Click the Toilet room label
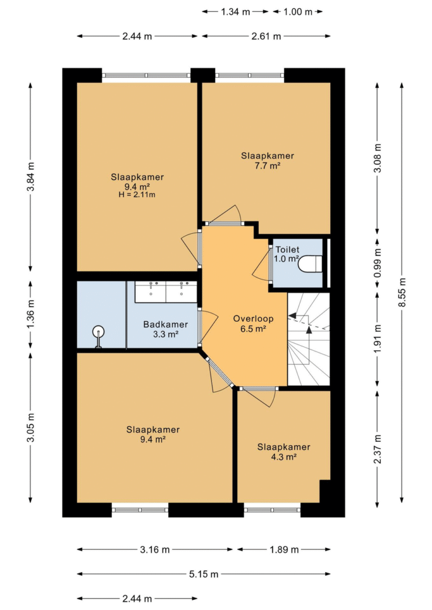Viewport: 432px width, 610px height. pos(287,250)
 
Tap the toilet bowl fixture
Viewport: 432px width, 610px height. pos(310,263)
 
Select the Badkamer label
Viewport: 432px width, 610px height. pos(165,324)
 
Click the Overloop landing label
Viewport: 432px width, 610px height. pos(253,319)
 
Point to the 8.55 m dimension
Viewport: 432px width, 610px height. pos(402,292)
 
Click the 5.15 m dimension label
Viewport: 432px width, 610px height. pos(204,574)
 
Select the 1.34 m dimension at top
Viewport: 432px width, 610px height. pos(236,12)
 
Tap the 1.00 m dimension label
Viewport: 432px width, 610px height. pos(298,12)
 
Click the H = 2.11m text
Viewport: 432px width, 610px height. pos(137,195)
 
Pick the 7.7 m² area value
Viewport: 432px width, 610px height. pos(267,165)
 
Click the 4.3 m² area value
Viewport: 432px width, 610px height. pos(283,457)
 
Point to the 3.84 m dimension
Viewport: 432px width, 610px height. pos(31,176)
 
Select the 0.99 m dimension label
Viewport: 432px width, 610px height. pos(377,263)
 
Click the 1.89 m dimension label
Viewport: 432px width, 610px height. pos(284,550)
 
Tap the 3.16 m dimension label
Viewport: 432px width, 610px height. pos(155,550)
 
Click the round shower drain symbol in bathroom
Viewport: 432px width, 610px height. pos(98,332)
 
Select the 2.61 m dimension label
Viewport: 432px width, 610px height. pos(266,36)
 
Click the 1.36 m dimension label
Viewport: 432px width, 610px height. pos(31,314)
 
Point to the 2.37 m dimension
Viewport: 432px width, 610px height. pos(377,449)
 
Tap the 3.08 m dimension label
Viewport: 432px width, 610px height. pos(377,158)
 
